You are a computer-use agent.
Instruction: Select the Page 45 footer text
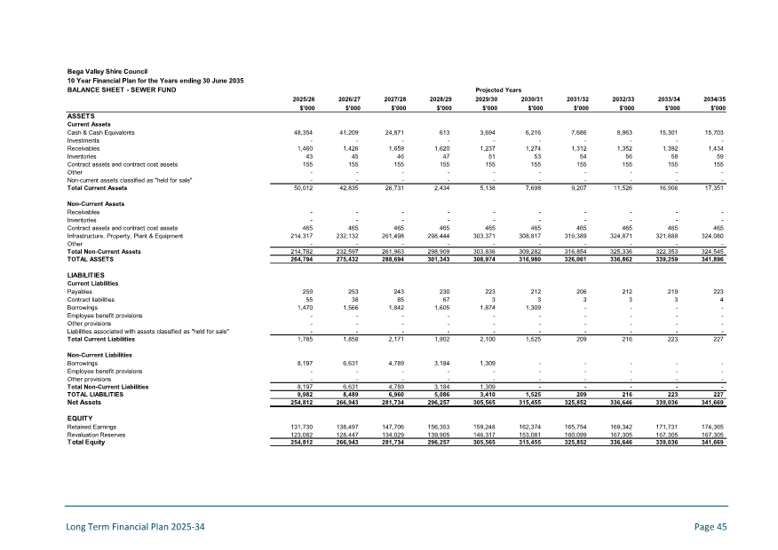pyautogui.click(x=711, y=527)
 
